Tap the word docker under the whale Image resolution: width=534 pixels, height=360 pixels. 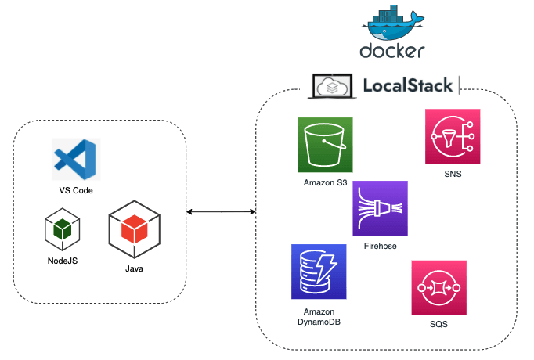pos(392,52)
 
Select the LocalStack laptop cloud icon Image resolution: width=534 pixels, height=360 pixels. pos(333,85)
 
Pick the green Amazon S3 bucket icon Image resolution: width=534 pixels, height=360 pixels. pos(325,145)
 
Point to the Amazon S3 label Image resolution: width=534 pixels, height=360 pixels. pos(325,182)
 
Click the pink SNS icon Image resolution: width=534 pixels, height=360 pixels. pos(452,136)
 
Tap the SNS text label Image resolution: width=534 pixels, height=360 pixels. pos(452,175)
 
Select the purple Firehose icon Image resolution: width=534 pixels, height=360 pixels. pos(381,208)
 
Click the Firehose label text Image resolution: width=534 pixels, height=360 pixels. pos(381,246)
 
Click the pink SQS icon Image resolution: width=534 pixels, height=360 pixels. pos(438,287)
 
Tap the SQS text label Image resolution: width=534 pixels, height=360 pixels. pos(438,324)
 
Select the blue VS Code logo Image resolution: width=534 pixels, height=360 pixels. pos(75,160)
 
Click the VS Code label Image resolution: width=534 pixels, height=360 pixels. pos(75,190)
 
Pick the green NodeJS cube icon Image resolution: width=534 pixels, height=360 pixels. pos(63,229)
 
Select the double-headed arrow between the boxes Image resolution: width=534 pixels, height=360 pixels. pos(222,212)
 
